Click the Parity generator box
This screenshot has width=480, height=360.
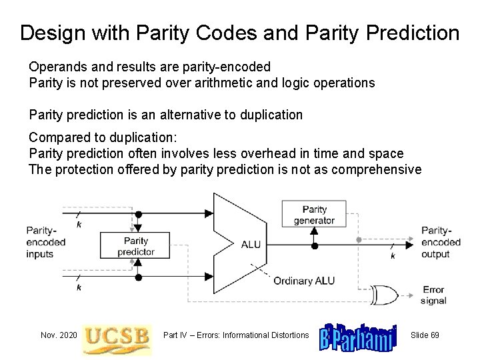click(x=314, y=215)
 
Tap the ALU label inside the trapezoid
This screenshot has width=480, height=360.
click(x=251, y=244)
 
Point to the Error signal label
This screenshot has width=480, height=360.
click(x=434, y=295)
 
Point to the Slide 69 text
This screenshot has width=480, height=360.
click(x=425, y=334)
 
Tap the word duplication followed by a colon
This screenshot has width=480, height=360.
click(x=139, y=137)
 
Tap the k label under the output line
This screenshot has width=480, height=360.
click(x=392, y=255)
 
